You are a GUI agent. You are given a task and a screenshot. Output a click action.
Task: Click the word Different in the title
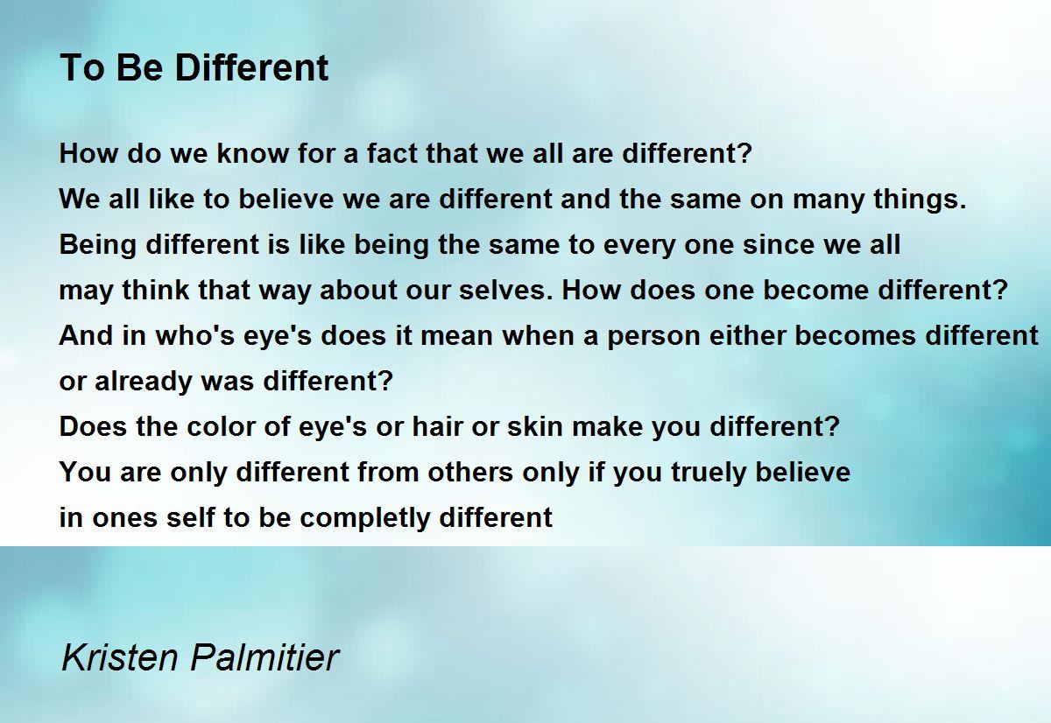click(x=251, y=67)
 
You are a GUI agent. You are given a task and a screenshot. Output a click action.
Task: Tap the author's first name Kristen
click(x=120, y=657)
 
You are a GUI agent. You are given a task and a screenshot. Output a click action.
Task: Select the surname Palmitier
click(x=265, y=657)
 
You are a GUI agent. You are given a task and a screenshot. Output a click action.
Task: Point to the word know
click(x=252, y=153)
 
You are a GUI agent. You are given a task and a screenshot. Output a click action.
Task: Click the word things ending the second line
click(x=920, y=200)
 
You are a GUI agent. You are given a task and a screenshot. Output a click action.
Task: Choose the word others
click(x=470, y=472)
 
